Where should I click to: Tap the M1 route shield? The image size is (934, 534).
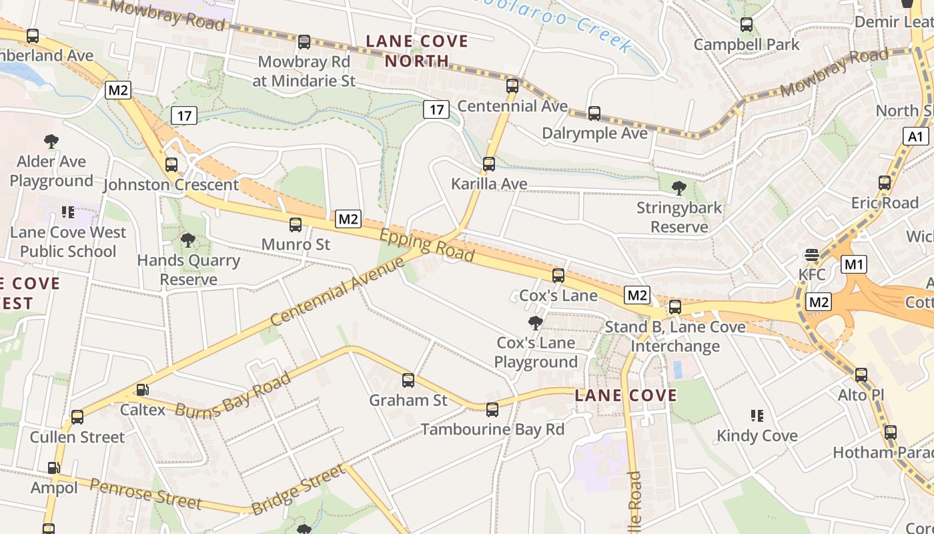(854, 264)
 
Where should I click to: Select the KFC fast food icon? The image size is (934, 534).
(812, 255)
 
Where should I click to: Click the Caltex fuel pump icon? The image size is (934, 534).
(142, 390)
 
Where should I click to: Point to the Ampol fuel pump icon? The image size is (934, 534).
(53, 469)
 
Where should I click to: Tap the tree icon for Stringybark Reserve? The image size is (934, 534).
(679, 188)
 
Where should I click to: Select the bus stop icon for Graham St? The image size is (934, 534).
(408, 380)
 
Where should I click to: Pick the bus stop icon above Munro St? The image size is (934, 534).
(296, 225)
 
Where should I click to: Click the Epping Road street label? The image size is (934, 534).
(427, 246)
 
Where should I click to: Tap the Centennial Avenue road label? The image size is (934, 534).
(338, 291)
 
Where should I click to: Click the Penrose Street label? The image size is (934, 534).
(145, 493)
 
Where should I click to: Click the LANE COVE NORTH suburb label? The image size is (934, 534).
(417, 51)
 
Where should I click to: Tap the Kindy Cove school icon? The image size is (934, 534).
(757, 417)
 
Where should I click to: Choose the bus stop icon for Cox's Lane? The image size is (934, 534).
(558, 275)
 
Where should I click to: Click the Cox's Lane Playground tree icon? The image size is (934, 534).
(535, 324)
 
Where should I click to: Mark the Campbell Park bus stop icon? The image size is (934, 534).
(747, 25)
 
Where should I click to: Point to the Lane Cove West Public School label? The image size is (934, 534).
(68, 242)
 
